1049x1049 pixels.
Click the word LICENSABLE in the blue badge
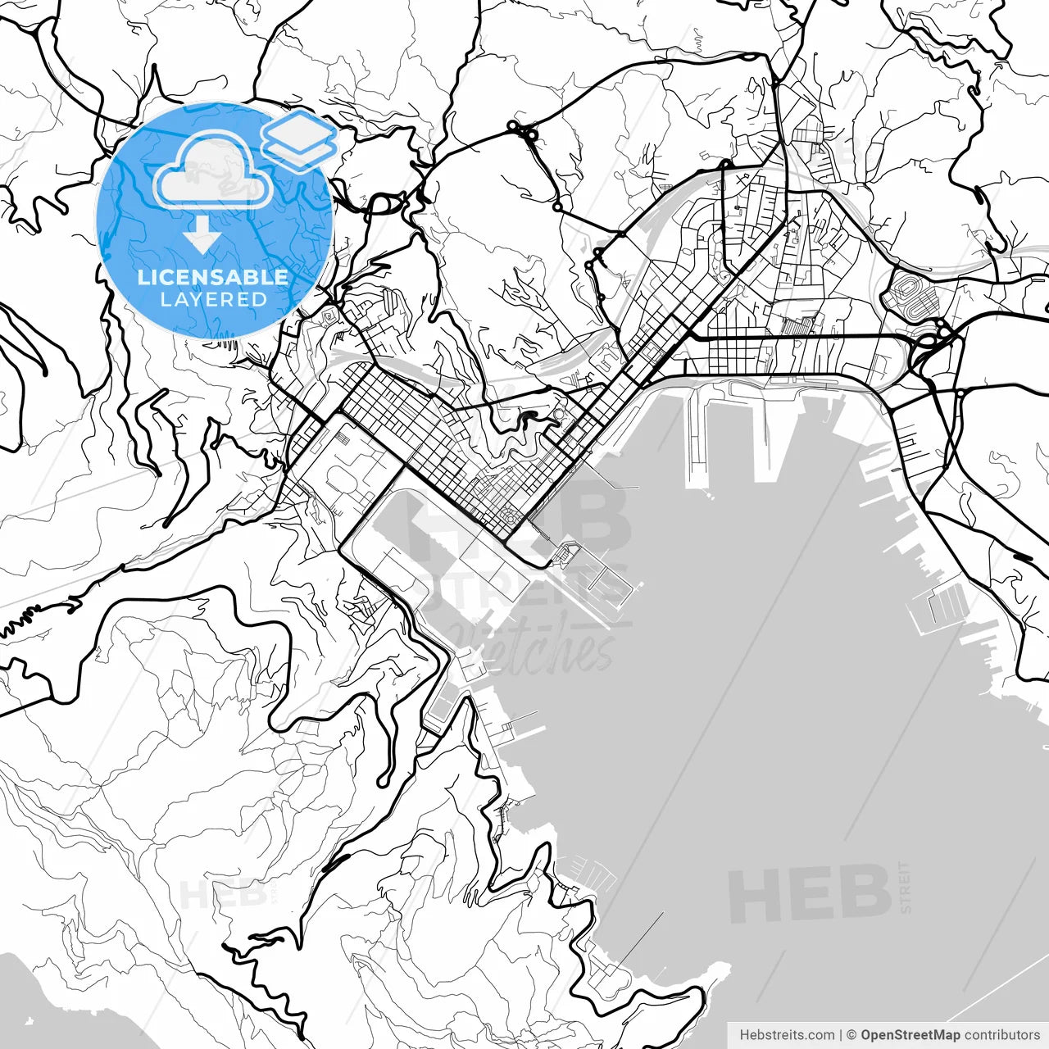pyautogui.click(x=213, y=277)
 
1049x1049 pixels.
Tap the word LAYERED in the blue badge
pyautogui.click(x=213, y=300)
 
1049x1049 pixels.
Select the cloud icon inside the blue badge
pyautogui.click(x=213, y=170)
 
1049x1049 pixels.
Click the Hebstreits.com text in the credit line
pyautogui.click(x=787, y=1035)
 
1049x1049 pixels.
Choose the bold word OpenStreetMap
pyautogui.click(x=910, y=1035)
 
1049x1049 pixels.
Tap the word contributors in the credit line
pyautogui.click(x=1001, y=1035)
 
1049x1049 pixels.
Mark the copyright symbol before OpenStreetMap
pyautogui.click(x=851, y=1035)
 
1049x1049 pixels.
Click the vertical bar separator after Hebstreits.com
pyautogui.click(x=841, y=1035)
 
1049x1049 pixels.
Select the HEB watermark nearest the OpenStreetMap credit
pyautogui.click(x=809, y=894)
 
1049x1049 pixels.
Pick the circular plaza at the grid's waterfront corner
pyautogui.click(x=510, y=516)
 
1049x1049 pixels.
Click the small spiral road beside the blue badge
pyautogui.click(x=329, y=313)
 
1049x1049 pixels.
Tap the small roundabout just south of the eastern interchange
pyautogui.click(x=960, y=393)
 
